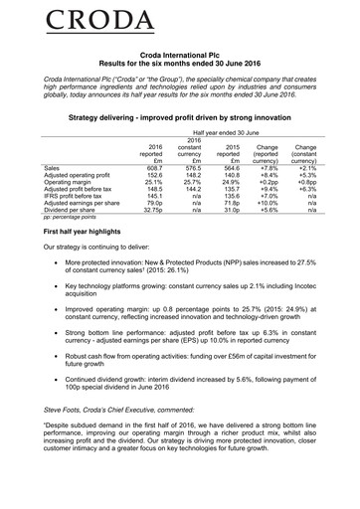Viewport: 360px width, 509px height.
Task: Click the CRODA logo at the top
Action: coord(180,21)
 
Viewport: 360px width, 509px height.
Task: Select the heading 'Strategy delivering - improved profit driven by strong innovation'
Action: coord(180,117)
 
